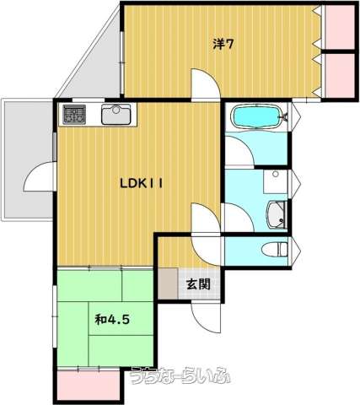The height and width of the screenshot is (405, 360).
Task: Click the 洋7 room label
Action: pos(223,44)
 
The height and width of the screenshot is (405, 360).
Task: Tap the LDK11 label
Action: pos(142,184)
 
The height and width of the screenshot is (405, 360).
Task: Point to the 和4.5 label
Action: pos(112,320)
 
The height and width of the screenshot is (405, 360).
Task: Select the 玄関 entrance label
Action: pos(198,284)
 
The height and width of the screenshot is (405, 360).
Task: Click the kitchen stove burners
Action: pos(74,115)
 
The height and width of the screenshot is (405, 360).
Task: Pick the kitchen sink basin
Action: pos(116,114)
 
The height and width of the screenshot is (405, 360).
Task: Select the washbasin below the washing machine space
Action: pos(277,214)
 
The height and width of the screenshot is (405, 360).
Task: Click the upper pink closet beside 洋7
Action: pos(340,27)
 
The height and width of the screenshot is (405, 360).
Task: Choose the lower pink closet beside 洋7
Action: pos(340,75)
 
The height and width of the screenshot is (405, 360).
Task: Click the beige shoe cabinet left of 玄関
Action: pos(168,283)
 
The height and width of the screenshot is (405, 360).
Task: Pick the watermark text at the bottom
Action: pos(180,376)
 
